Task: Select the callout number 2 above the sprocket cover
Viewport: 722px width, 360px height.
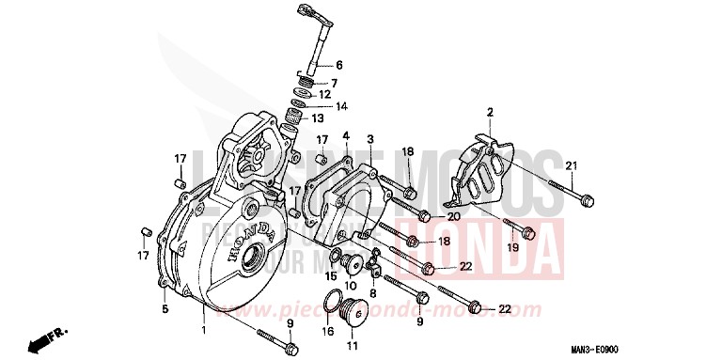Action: click(x=490, y=113)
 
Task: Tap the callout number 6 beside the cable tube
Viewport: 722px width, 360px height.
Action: click(x=339, y=66)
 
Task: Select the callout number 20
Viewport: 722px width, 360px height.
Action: click(x=453, y=216)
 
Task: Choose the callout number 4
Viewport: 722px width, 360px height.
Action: click(x=345, y=136)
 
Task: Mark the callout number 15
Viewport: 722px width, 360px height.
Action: click(x=330, y=275)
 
